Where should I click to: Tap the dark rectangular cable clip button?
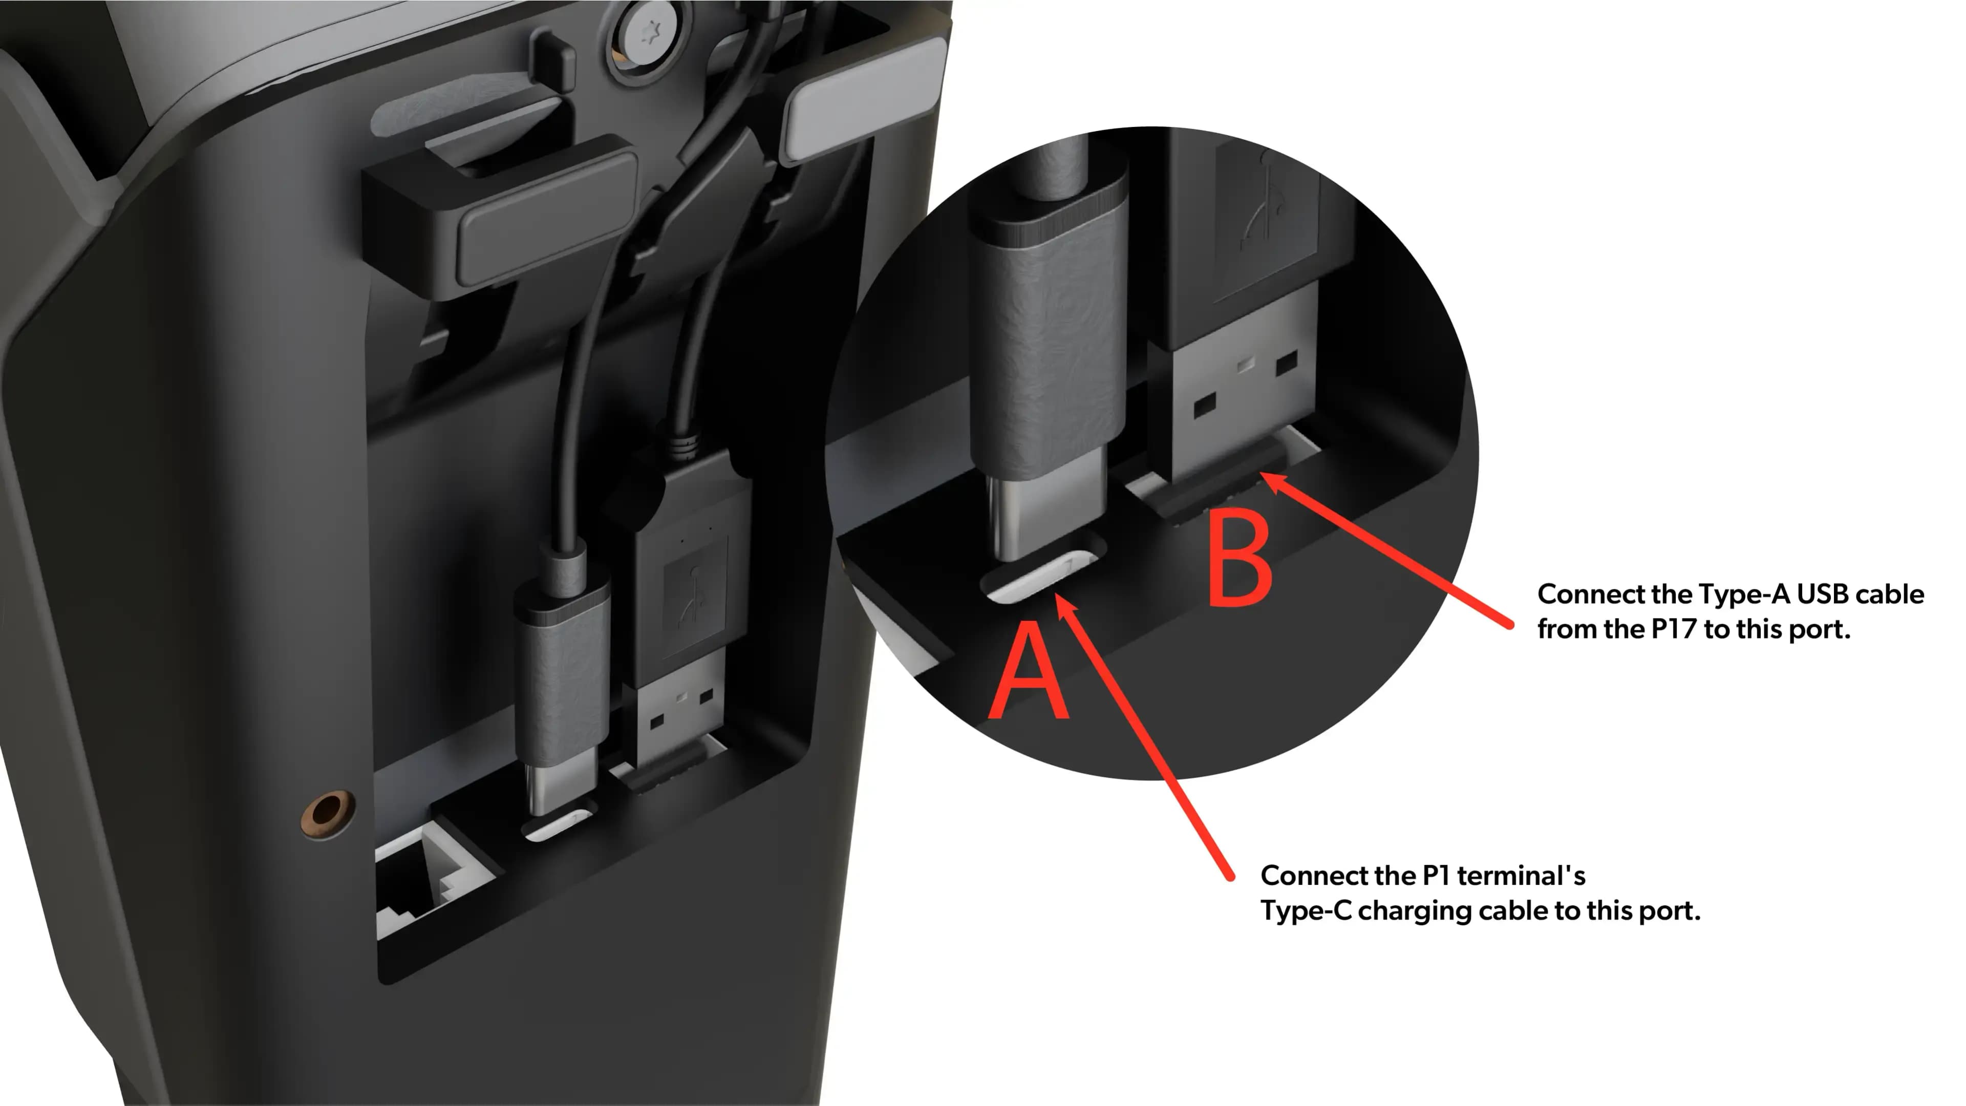coord(546,221)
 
